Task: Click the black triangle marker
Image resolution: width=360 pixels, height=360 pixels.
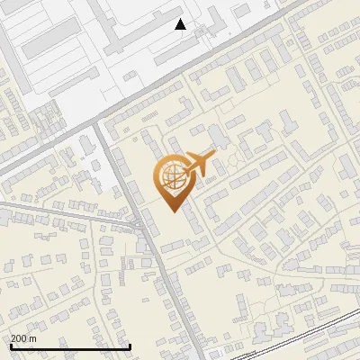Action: (181, 24)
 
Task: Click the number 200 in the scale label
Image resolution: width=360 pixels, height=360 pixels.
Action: (19, 337)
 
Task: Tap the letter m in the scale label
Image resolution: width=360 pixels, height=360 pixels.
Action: (34, 337)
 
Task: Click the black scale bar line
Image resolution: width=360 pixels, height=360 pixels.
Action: (70, 346)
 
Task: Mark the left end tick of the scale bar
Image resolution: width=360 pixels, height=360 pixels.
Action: (11, 346)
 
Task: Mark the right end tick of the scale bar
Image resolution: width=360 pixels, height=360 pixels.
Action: (130, 346)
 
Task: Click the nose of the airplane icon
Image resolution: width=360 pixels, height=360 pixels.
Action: (214, 156)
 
